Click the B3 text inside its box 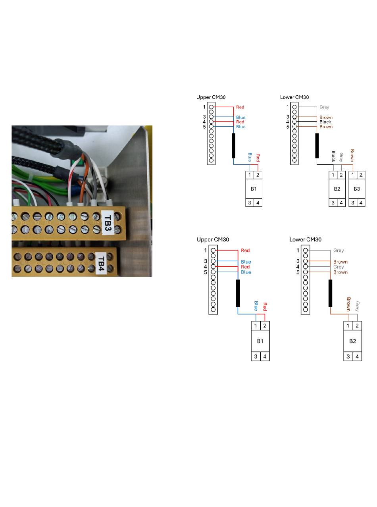pos(357,189)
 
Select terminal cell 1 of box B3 pos(353,175)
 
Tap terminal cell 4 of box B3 pos(361,203)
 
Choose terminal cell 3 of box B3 pos(353,203)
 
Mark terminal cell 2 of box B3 pos(361,175)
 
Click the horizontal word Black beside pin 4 pos(325,122)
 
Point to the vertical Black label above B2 pos(333,156)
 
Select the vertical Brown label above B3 pos(352,155)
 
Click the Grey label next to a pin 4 pos(339,267)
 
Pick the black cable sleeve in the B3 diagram pos(317,146)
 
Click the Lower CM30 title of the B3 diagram pos(294,97)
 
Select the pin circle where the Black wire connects pos(294,122)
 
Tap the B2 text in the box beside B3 pos(337,189)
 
